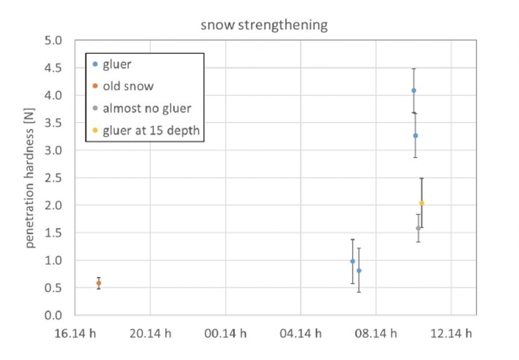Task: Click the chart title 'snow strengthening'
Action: (x=264, y=25)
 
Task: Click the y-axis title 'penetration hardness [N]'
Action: (x=30, y=179)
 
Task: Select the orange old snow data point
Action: (x=99, y=283)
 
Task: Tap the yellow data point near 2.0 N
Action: (x=422, y=203)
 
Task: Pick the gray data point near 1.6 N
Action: (x=418, y=228)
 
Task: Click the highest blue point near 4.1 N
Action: (x=413, y=91)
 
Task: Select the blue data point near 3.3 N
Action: (x=415, y=136)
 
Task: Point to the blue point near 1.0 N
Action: (x=352, y=261)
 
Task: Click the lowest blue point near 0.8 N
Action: (x=359, y=271)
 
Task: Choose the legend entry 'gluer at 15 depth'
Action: (x=151, y=130)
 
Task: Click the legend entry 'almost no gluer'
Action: (x=146, y=108)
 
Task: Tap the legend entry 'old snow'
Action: (x=128, y=87)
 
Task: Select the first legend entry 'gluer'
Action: (x=116, y=65)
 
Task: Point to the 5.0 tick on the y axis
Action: (x=57, y=41)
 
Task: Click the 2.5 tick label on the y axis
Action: (x=57, y=178)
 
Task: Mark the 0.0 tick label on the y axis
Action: (x=57, y=316)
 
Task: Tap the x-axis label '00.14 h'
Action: (x=225, y=333)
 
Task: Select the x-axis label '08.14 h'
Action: (x=376, y=333)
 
